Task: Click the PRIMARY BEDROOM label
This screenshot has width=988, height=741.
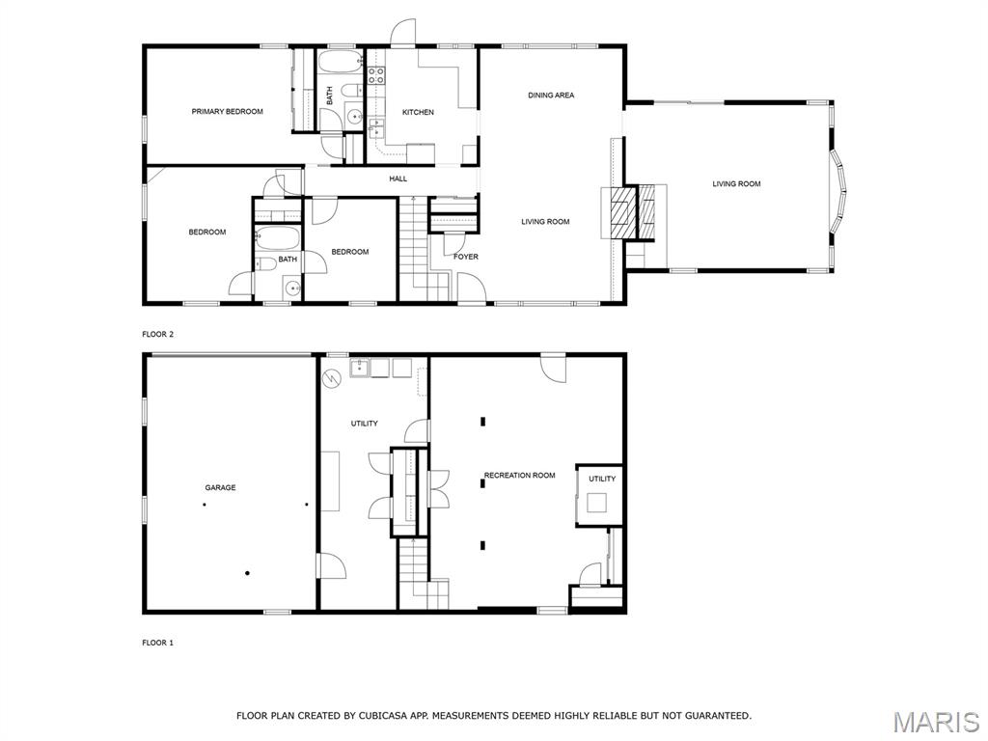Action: pos(227,112)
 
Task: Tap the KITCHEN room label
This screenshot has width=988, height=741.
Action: pos(418,112)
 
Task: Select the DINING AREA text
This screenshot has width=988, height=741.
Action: pos(551,96)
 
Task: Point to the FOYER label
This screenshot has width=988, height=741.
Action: pos(466,257)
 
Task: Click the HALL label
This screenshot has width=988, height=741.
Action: pos(398,178)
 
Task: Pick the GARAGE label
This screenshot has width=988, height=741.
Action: pos(220,487)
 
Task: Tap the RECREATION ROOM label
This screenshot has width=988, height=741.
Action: pos(519,475)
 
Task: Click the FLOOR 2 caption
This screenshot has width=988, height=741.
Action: pos(157,334)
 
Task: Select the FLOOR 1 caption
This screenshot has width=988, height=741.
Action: pos(157,643)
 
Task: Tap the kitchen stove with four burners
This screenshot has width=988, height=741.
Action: pos(376,75)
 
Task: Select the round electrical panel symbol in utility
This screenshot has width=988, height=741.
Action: pos(331,378)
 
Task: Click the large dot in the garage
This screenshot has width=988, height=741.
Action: pos(248,573)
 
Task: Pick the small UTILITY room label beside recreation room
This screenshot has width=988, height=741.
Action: pos(602,479)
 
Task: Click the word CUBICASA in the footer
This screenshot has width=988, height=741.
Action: pos(383,715)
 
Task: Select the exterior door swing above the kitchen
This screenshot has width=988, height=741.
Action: pos(402,33)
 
